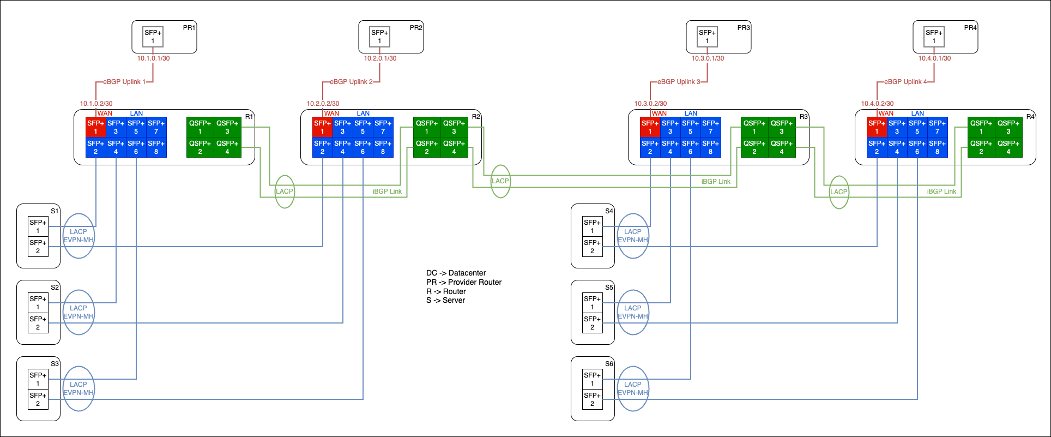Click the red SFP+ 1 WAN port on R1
pyautogui.click(x=95, y=127)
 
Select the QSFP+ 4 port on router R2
pyautogui.click(x=454, y=147)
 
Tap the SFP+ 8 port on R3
pyautogui.click(x=710, y=147)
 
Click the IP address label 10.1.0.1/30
pyautogui.click(x=153, y=58)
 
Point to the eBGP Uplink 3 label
pyautogui.click(x=679, y=82)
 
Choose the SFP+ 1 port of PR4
pyautogui.click(x=934, y=37)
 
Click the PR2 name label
pyautogui.click(x=416, y=28)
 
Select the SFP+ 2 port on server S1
pyautogui.click(x=38, y=247)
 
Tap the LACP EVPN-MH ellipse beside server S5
pyautogui.click(x=633, y=312)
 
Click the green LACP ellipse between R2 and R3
pyautogui.click(x=500, y=181)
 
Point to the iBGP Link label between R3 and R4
pyautogui.click(x=941, y=191)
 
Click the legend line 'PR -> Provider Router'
pyautogui.click(x=463, y=282)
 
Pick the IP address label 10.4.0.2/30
pyautogui.click(x=877, y=104)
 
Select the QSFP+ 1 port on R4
pyautogui.click(x=981, y=127)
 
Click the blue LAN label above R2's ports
pyautogui.click(x=363, y=113)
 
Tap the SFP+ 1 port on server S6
pyautogui.click(x=592, y=379)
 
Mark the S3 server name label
pyautogui.click(x=55, y=364)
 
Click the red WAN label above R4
pyautogui.click(x=886, y=113)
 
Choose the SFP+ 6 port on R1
pyautogui.click(x=136, y=147)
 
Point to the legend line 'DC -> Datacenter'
pyautogui.click(x=456, y=273)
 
